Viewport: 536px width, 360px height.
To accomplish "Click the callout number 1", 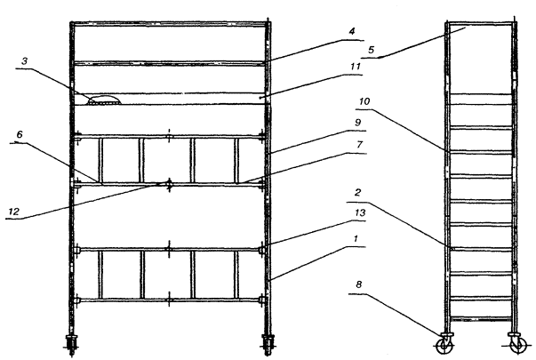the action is (356, 238).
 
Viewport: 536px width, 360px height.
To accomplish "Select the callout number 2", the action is (357, 193).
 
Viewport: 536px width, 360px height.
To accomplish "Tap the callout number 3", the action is (24, 61).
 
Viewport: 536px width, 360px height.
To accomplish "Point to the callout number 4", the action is (352, 31).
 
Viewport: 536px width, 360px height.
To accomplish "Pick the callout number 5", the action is (372, 50).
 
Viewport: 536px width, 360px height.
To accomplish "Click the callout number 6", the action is (20, 134).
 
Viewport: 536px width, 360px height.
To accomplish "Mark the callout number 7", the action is (359, 145).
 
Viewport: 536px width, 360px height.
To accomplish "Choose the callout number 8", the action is (358, 284).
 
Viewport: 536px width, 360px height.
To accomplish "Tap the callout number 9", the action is (358, 122).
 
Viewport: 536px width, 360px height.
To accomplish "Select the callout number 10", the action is (364, 101).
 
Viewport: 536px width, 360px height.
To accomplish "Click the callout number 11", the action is (356, 66).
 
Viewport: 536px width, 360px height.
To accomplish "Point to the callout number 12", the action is (13, 212).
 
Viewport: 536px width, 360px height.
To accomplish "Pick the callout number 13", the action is (360, 212).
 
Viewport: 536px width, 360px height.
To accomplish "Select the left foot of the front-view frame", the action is (71, 344).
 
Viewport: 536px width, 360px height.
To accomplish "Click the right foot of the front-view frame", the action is (268, 344).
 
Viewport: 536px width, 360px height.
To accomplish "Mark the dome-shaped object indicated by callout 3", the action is (104, 100).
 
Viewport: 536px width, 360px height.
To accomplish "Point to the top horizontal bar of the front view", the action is (170, 24).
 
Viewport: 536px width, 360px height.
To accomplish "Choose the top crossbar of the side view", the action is (481, 23).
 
